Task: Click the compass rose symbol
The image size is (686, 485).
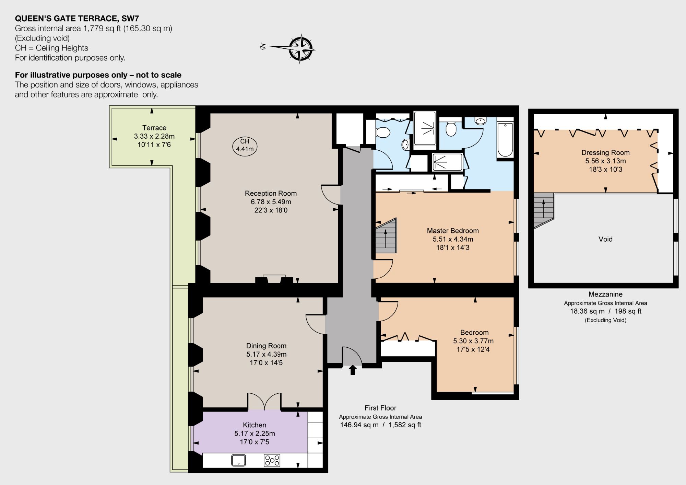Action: (300, 48)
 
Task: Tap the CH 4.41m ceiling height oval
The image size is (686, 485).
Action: (245, 146)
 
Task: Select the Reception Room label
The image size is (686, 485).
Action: (271, 193)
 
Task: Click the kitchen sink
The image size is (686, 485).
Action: (238, 460)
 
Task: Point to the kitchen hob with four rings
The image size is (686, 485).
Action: (272, 460)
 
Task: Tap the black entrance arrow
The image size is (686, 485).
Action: (353, 370)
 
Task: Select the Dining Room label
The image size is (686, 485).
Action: (266, 346)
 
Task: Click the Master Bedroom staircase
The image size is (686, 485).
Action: (386, 236)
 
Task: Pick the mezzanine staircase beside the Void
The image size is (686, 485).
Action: (544, 210)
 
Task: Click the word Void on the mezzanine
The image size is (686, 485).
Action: (605, 239)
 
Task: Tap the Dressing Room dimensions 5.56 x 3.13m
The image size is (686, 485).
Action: (605, 161)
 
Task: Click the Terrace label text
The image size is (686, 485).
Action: (154, 128)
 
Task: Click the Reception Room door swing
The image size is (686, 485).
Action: (331, 195)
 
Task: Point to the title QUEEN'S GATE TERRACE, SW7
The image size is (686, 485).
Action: (77, 19)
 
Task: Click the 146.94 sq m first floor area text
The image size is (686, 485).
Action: (359, 425)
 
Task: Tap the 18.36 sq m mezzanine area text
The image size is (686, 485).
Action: (587, 311)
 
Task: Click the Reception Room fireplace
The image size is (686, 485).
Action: (274, 279)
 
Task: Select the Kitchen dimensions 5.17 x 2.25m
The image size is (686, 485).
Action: (255, 434)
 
